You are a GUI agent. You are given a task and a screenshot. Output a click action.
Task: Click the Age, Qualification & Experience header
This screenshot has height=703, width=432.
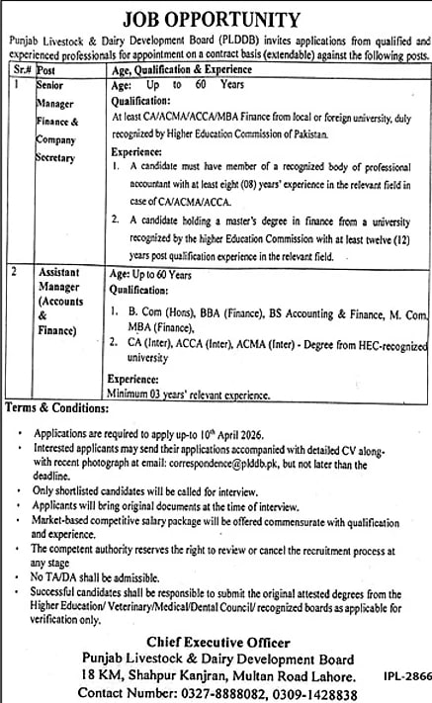pos(188,71)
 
